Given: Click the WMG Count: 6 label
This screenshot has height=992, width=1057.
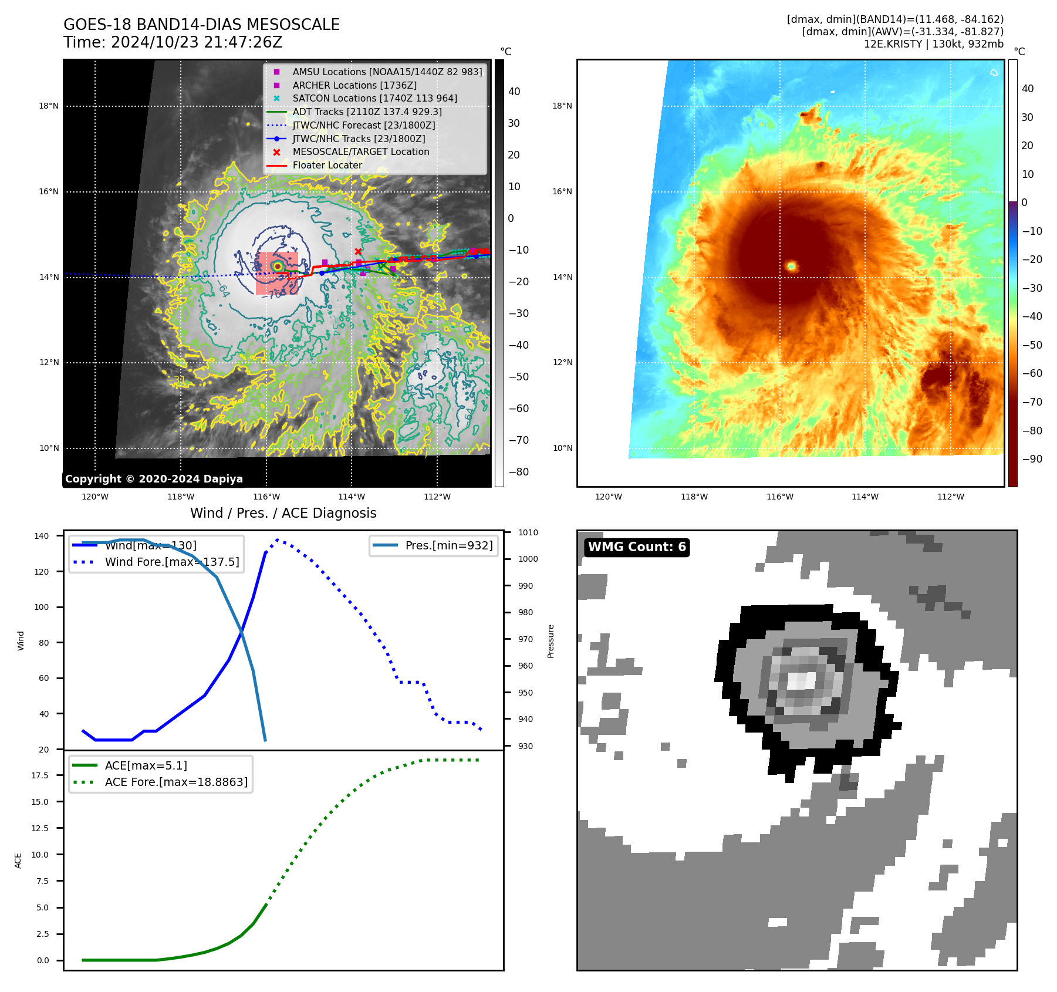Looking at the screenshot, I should pyautogui.click(x=637, y=547).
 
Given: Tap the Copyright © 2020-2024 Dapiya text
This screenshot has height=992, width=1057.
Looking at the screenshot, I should pyautogui.click(x=154, y=479).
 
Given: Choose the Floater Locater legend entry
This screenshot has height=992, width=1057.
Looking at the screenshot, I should pyautogui.click(x=327, y=165).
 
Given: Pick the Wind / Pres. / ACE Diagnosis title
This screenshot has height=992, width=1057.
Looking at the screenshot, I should pyautogui.click(x=283, y=513).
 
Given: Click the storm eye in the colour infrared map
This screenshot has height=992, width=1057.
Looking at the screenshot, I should pyautogui.click(x=791, y=266).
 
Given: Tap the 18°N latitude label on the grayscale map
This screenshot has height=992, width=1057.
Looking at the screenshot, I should pyautogui.click(x=49, y=106).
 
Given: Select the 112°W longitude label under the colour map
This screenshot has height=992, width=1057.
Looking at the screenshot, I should pyautogui.click(x=950, y=497).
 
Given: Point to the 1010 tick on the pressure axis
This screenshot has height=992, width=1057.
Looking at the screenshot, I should pyautogui.click(x=528, y=532).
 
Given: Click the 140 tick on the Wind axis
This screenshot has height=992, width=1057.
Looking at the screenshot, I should pyautogui.click(x=42, y=536).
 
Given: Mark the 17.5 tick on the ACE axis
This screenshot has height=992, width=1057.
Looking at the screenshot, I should pyautogui.click(x=40, y=775).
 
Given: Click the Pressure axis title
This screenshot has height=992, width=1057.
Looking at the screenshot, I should pyautogui.click(x=551, y=641).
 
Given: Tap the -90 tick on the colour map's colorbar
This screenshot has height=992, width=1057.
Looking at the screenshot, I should pyautogui.click(x=1032, y=459).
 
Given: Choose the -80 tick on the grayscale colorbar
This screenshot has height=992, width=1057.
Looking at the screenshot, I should pyautogui.click(x=518, y=472).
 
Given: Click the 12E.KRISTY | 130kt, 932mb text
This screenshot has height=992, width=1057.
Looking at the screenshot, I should pyautogui.click(x=933, y=44).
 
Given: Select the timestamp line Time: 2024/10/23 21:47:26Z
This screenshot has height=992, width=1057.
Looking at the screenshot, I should pyautogui.click(x=173, y=42).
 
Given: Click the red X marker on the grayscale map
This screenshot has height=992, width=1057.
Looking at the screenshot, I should pyautogui.click(x=358, y=252).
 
